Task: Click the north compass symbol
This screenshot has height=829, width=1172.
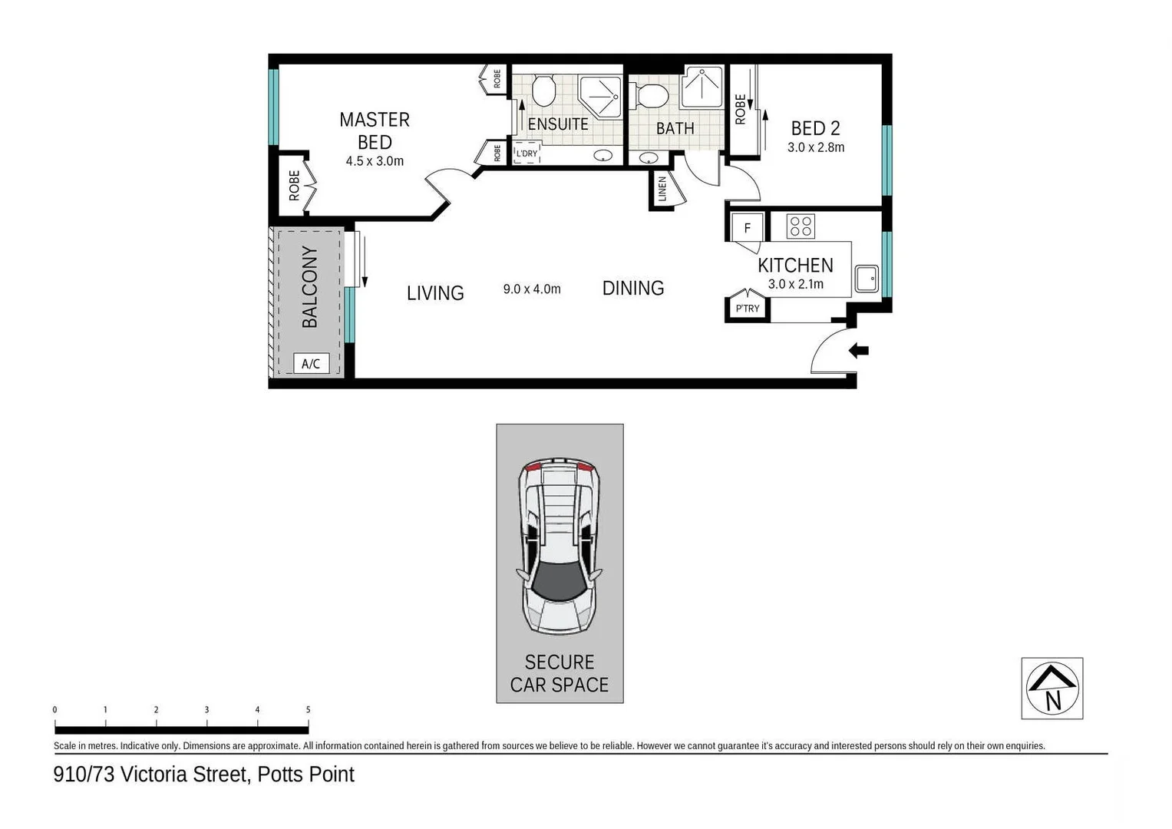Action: click(1051, 688)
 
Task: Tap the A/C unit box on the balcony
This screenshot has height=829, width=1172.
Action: click(311, 364)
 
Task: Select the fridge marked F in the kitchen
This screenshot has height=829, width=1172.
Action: click(747, 228)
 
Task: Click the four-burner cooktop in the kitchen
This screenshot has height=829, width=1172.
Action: click(801, 226)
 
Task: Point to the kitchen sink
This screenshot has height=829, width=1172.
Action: click(867, 279)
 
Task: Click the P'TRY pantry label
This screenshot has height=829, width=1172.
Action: click(747, 309)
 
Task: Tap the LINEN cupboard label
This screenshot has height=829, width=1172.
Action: click(662, 189)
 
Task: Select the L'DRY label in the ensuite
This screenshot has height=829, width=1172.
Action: click(527, 154)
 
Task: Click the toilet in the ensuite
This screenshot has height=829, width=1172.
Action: click(543, 91)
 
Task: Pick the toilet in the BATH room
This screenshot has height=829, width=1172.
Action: click(652, 96)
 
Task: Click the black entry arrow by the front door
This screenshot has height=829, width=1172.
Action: click(859, 351)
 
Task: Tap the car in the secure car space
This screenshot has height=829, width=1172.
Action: click(560, 546)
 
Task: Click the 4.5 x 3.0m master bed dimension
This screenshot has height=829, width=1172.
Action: click(375, 161)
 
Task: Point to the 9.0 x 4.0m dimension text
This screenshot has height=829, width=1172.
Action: click(532, 289)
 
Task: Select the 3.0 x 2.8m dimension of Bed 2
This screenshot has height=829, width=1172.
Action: click(815, 147)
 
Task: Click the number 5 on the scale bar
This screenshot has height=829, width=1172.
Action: click(308, 710)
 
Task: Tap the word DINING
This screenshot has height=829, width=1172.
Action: click(632, 289)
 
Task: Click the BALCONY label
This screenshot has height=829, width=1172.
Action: click(310, 287)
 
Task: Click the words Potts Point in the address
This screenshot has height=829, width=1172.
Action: click(305, 775)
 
